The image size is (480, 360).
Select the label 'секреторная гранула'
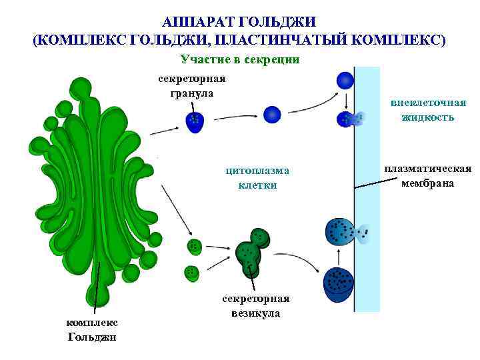tap(192, 86)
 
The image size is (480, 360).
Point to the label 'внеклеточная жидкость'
tap(428, 110)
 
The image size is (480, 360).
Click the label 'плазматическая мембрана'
tap(428, 176)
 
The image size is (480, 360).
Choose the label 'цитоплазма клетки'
tap(257, 178)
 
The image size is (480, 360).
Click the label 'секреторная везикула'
tap(256, 306)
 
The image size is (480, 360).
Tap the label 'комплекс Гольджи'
tap(92, 329)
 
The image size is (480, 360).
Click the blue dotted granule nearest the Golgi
tap(194, 122)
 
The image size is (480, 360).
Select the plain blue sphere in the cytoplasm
tap(272, 115)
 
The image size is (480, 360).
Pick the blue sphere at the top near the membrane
tap(345, 81)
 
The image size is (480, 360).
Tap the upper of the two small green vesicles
tap(194, 245)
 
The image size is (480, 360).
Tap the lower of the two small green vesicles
tap(192, 272)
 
